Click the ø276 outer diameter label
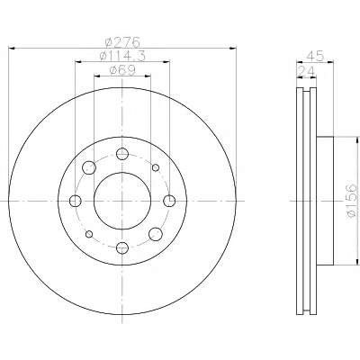point(122,42)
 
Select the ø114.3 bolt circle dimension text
point(122,56)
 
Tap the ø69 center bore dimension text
point(122,70)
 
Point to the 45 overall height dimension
point(315,56)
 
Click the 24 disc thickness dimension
point(306,71)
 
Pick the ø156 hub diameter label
point(352,201)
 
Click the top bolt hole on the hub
point(122,154)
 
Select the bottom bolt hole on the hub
point(122,247)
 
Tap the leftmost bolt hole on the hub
point(75,201)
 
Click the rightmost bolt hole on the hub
point(169,201)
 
